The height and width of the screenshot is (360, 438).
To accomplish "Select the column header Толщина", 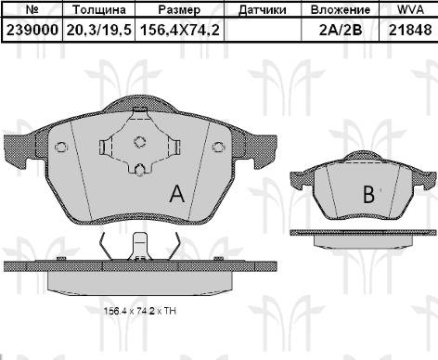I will click(x=99, y=10).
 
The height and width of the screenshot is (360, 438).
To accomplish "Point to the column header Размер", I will click(x=179, y=10).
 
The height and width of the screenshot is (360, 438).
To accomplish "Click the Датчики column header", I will click(x=262, y=10).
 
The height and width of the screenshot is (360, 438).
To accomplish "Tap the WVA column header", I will click(x=405, y=10).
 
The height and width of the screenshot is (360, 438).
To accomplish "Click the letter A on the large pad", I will click(x=174, y=194).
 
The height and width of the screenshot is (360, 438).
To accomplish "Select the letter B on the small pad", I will click(x=368, y=195).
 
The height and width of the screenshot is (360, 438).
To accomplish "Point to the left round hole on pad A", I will click(x=61, y=147).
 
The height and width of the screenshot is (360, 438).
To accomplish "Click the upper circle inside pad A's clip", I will click(x=140, y=142).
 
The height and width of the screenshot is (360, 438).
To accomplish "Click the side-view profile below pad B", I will click(x=360, y=239).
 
